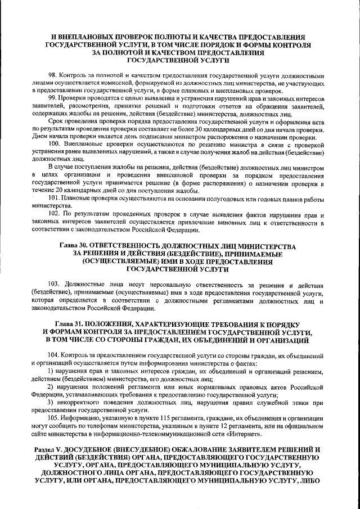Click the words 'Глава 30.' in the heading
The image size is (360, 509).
[x=74, y=247]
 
